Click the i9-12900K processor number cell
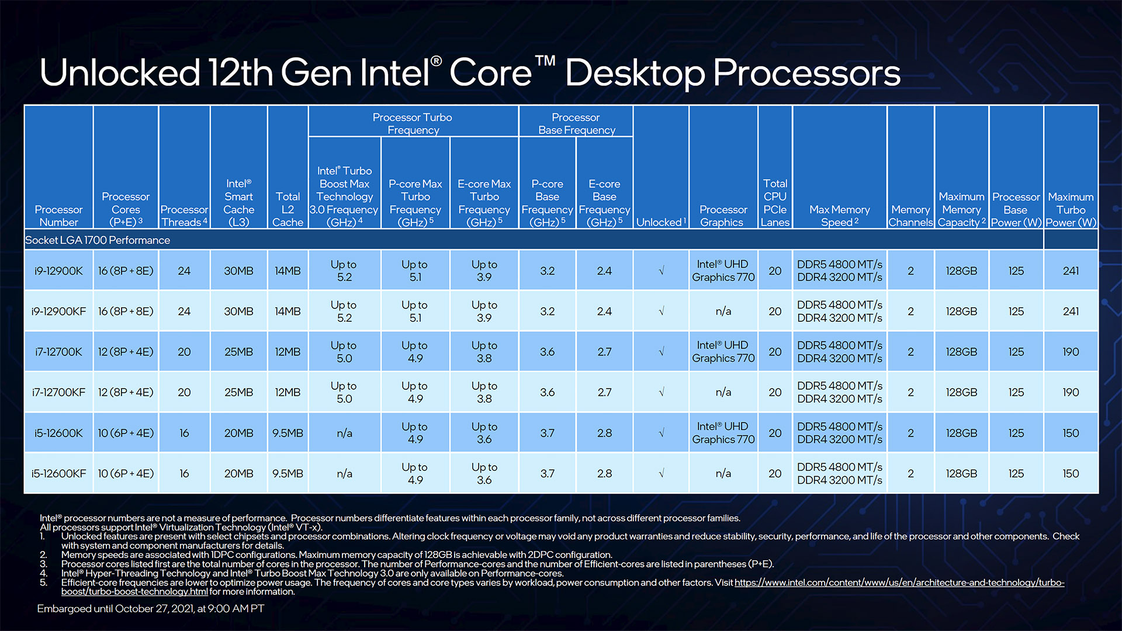click(x=58, y=271)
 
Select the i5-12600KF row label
click(x=58, y=474)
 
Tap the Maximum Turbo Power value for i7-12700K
click(x=1071, y=352)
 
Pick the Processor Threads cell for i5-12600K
click(x=184, y=434)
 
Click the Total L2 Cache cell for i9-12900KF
click(x=288, y=311)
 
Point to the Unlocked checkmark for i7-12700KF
click(x=662, y=393)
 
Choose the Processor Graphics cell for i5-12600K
click(x=723, y=433)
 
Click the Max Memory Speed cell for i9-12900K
click(x=840, y=271)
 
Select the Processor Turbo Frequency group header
click(x=413, y=123)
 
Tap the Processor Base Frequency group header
click(x=576, y=123)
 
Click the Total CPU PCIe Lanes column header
click(x=775, y=203)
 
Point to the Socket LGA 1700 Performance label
click(x=98, y=240)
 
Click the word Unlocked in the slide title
click(x=120, y=73)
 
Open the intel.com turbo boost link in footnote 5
click(x=899, y=583)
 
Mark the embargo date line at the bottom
click(x=151, y=609)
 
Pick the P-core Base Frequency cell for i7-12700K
click(x=547, y=352)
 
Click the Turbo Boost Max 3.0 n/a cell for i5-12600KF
click(x=344, y=474)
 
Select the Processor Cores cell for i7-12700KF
click(x=126, y=393)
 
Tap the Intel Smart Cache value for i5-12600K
click(x=238, y=434)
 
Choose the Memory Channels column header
click(x=910, y=216)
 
